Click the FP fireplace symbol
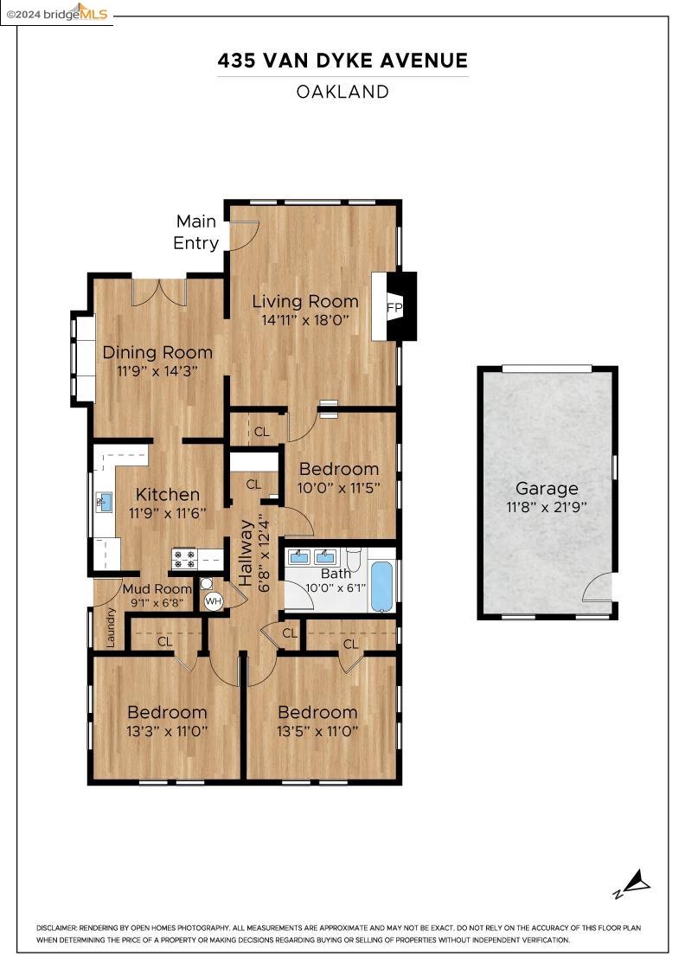point(394,308)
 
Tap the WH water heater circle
point(213,600)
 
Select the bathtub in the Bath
point(381,587)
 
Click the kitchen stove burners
point(186,558)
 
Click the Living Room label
point(304,301)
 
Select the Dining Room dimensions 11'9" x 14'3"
point(157,370)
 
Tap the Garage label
point(547,488)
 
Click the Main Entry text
point(195,232)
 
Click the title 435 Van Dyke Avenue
point(342,61)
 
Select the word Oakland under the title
point(342,92)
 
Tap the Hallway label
point(246,554)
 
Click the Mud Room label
point(157,589)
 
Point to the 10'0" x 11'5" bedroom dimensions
point(339,487)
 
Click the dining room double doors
point(159,292)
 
